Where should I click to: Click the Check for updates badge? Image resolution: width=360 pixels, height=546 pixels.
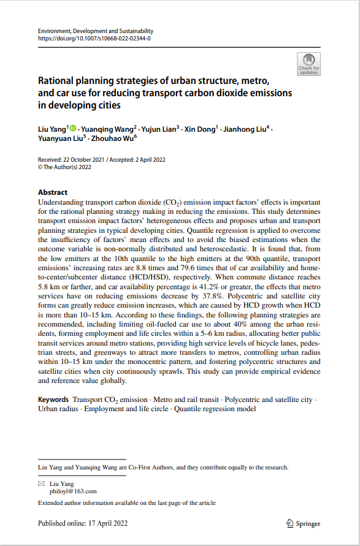tap(308, 64)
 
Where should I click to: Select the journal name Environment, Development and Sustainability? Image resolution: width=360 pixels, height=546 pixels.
tap(96, 31)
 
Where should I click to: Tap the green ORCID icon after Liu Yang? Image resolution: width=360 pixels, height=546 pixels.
tap(73, 129)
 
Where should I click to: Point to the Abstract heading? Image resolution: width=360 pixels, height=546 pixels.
tap(53, 192)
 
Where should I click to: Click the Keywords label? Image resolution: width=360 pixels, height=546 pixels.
tap(53, 400)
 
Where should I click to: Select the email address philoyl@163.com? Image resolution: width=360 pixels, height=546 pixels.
tap(72, 491)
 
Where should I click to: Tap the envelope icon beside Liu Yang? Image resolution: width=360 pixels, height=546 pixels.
tap(42, 483)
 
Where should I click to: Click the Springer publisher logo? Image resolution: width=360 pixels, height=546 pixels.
tap(304, 524)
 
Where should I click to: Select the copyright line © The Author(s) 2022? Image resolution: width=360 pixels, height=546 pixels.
tap(64, 166)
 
